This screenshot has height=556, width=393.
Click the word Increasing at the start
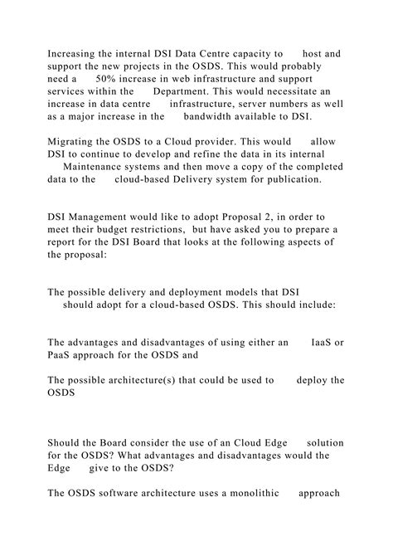[x=75, y=53]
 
